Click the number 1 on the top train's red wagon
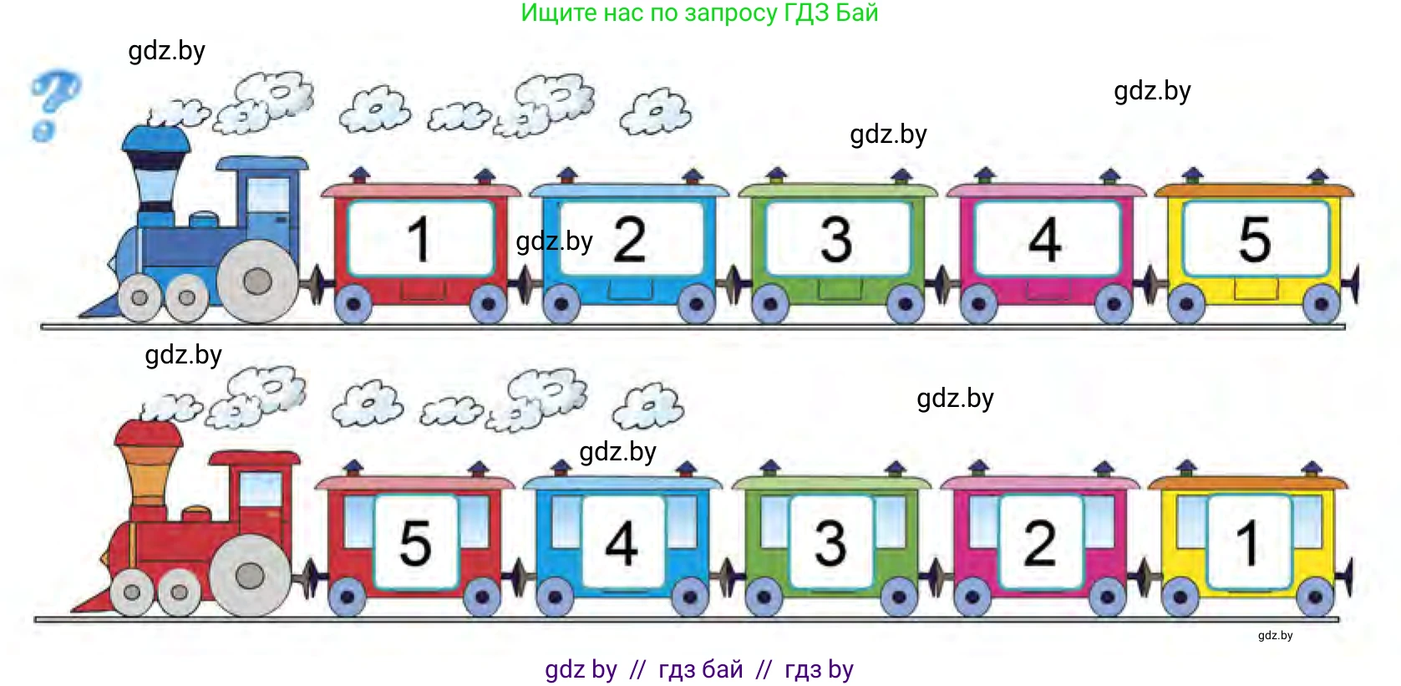(419, 239)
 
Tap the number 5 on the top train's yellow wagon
(1254, 239)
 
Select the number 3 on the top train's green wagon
(836, 239)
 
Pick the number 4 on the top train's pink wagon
(1045, 239)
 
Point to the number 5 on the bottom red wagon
(415, 542)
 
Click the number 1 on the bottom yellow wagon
(1248, 542)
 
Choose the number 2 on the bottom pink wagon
(1040, 542)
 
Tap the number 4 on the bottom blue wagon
(622, 542)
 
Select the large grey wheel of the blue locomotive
(257, 281)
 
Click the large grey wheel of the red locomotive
(250, 576)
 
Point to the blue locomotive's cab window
(269, 197)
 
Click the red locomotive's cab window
(261, 489)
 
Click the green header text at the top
(699, 13)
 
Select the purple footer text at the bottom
(699, 669)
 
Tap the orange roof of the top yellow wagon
(1253, 191)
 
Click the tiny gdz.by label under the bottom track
(1275, 636)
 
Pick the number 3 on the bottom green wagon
(830, 542)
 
